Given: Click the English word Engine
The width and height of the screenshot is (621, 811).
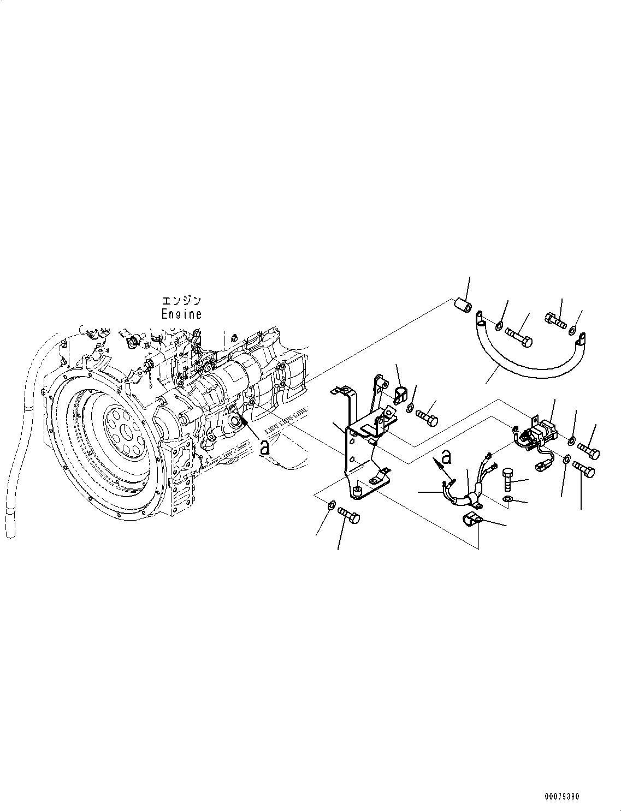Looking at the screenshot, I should (181, 314).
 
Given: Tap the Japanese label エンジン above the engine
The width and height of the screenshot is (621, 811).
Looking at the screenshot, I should (181, 301).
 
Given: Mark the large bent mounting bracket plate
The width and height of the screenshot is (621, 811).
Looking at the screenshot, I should (360, 453).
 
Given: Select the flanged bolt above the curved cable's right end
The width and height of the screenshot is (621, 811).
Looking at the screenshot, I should (555, 319).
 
